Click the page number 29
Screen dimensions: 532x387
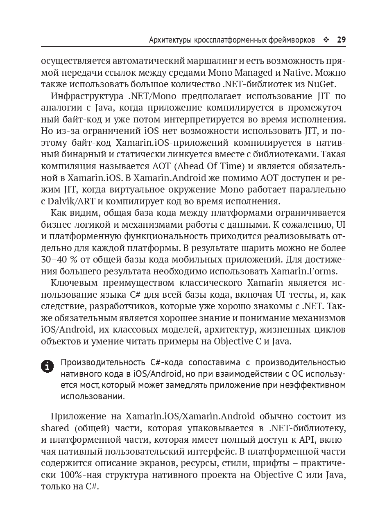tap(341, 40)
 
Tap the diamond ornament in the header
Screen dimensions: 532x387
tap(326, 40)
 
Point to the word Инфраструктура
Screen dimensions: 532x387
tap(86, 97)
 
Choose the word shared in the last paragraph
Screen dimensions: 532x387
tap(56, 429)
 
